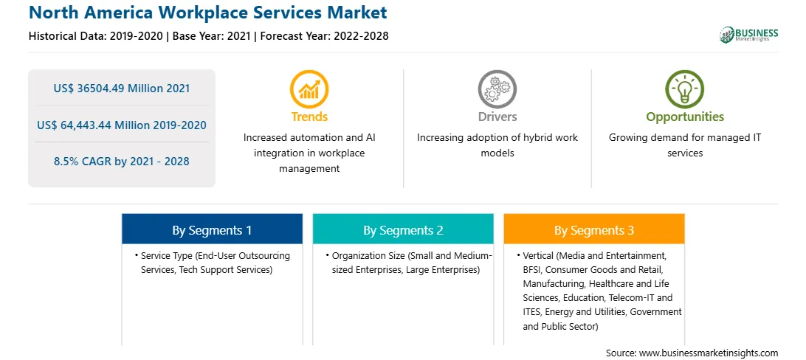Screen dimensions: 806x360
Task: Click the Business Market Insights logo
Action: (749, 35)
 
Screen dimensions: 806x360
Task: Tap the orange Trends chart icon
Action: (309, 89)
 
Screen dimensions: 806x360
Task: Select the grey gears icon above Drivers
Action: (497, 89)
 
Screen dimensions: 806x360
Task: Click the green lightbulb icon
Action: (685, 89)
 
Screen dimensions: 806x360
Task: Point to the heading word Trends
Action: (309, 117)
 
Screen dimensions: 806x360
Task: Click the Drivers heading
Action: (497, 117)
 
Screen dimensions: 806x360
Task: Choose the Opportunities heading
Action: (685, 117)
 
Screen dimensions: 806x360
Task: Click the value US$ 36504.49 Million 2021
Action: (121, 89)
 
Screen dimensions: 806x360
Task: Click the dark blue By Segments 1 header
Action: (213, 229)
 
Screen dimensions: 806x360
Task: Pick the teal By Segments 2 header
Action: (403, 229)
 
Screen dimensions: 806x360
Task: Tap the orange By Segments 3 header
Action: (593, 229)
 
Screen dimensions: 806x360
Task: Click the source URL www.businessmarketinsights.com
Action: (708, 353)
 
